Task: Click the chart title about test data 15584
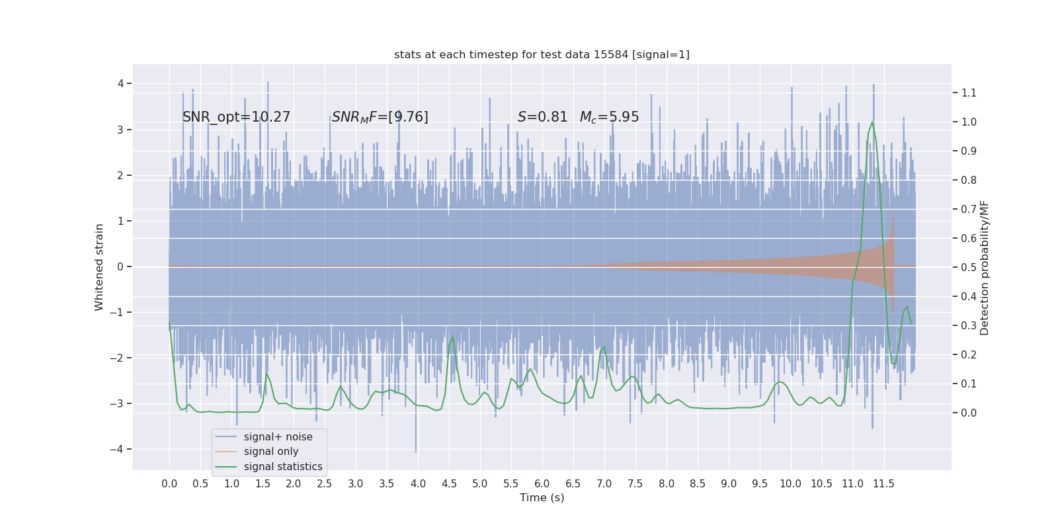click(542, 54)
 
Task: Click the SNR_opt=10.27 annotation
click(236, 117)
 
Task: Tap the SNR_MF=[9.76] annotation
click(380, 117)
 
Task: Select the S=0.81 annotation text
click(542, 117)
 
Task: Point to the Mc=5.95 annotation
click(609, 117)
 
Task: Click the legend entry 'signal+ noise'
click(278, 437)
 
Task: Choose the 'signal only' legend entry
click(271, 452)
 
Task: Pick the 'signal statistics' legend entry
click(283, 467)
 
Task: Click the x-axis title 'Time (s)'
click(542, 497)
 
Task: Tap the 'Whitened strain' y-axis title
click(99, 267)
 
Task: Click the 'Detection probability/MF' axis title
click(985, 267)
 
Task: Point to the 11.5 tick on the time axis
click(883, 483)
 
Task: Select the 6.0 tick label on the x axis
click(542, 483)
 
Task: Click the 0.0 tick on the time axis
click(169, 483)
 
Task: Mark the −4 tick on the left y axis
click(120, 449)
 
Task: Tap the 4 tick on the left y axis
click(121, 83)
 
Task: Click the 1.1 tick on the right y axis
click(969, 93)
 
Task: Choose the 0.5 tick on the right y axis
click(969, 267)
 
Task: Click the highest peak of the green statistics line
click(872, 122)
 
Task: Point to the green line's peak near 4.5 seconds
click(453, 337)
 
